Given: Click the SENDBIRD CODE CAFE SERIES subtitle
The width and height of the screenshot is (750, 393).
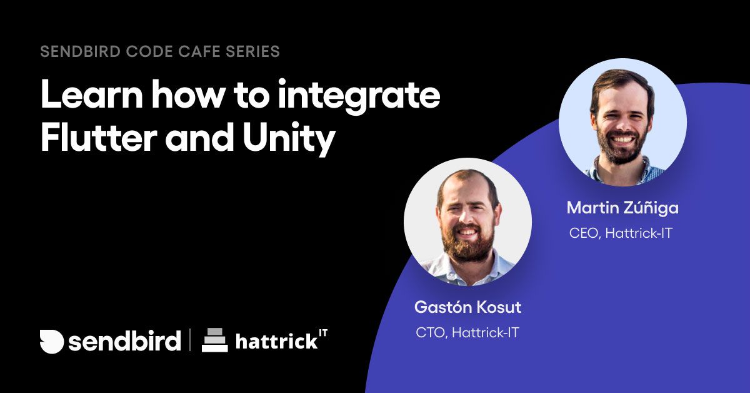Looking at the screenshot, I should click(x=160, y=51).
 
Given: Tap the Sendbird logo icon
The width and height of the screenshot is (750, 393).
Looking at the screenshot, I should click(x=52, y=341).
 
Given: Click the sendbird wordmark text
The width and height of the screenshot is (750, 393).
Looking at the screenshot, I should click(x=124, y=341).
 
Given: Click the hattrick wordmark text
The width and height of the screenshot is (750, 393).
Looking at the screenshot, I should click(x=277, y=342).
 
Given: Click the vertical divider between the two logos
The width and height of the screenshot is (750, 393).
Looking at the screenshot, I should click(x=191, y=341).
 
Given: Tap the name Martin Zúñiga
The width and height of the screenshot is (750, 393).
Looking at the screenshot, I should click(x=622, y=207).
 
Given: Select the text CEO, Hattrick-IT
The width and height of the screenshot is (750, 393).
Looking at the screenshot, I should click(x=621, y=233).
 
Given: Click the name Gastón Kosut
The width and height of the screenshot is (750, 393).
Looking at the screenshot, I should click(x=467, y=307).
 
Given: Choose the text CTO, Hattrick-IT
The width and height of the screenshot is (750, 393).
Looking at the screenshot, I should click(x=467, y=332).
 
